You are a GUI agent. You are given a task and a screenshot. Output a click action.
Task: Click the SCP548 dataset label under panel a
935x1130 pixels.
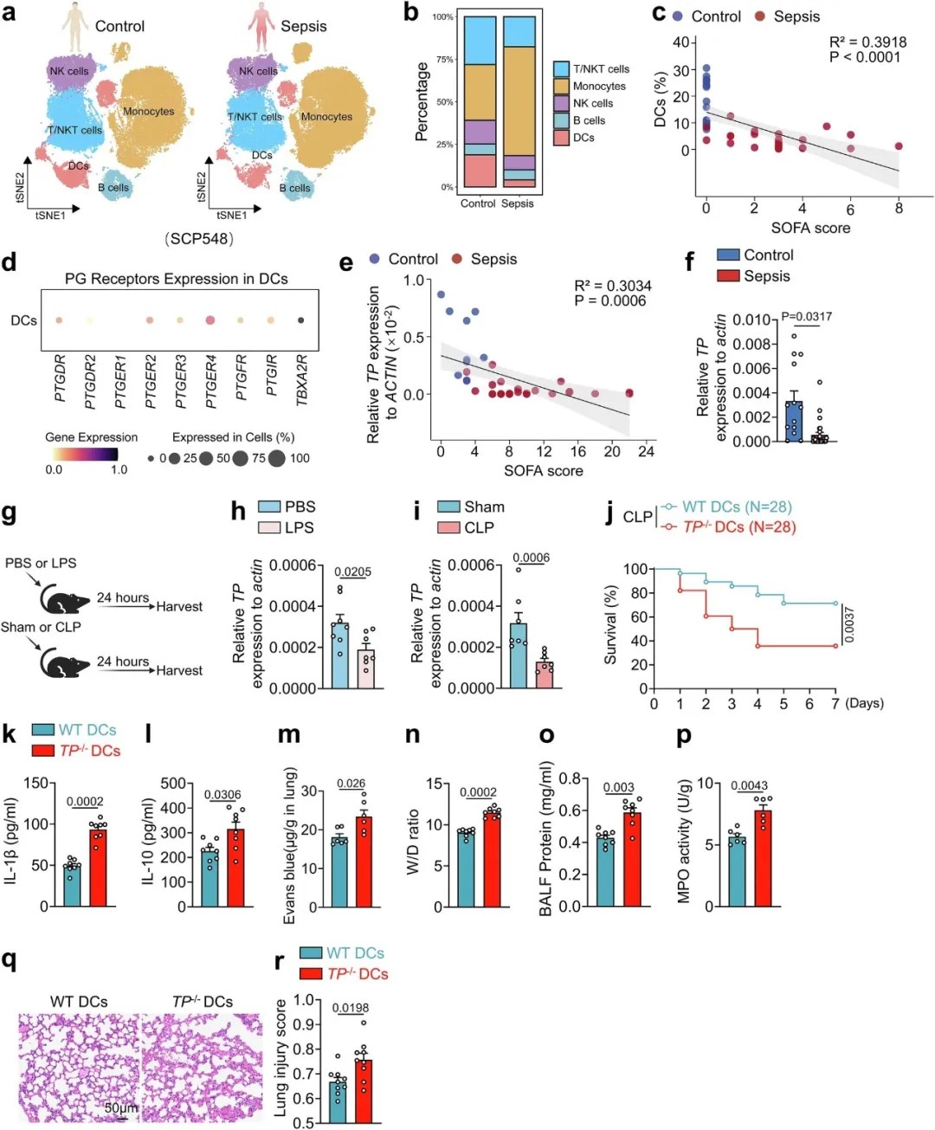click(199, 238)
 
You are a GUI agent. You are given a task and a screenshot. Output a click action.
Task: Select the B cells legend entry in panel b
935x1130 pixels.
click(589, 120)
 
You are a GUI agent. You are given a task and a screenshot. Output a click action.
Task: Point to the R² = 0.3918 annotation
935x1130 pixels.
click(867, 42)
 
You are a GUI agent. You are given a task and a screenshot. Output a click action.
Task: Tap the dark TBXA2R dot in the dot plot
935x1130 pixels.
click(300, 320)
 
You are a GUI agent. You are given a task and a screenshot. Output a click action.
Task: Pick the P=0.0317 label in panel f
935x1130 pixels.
click(806, 317)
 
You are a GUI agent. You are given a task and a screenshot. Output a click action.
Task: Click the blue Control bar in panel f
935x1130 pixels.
click(793, 421)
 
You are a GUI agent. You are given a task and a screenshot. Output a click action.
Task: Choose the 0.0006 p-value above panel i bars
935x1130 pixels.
click(531, 558)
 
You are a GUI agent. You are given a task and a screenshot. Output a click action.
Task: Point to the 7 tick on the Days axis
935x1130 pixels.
click(835, 704)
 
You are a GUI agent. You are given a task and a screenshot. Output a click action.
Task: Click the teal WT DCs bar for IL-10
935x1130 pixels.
click(210, 878)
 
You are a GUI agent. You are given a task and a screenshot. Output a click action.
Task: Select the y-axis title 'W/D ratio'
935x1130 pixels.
click(414, 843)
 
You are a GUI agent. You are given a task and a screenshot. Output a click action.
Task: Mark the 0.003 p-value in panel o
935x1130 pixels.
click(619, 787)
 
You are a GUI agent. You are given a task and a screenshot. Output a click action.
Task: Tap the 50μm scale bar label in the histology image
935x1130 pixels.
click(120, 1107)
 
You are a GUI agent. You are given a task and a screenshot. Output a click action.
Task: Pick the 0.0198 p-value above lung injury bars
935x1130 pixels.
click(351, 1008)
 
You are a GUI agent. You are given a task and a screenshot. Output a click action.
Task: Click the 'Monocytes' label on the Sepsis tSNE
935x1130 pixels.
click(326, 116)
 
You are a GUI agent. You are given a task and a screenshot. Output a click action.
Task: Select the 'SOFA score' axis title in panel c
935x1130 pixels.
click(810, 228)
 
